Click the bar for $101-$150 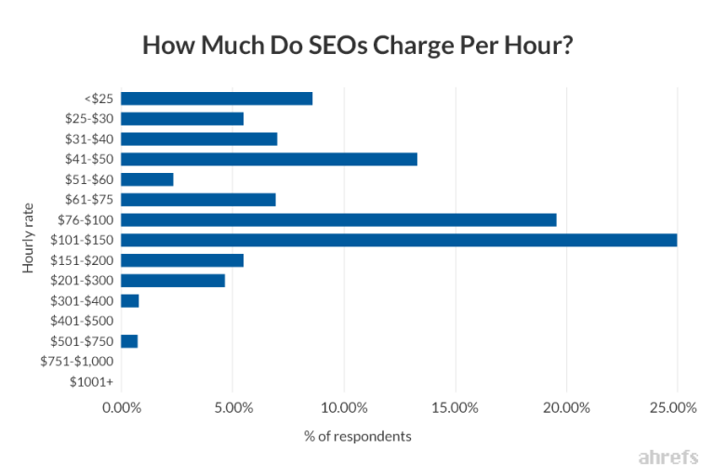pyautogui.click(x=399, y=240)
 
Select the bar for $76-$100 pyautogui.click(x=338, y=219)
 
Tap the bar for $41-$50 pyautogui.click(x=269, y=159)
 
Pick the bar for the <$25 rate pyautogui.click(x=217, y=99)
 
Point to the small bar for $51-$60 pyautogui.click(x=147, y=179)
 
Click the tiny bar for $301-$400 pyautogui.click(x=130, y=300)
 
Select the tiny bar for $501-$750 pyautogui.click(x=129, y=341)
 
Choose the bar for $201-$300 pyautogui.click(x=173, y=280)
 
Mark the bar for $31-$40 pyautogui.click(x=199, y=139)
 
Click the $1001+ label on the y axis pyautogui.click(x=92, y=381)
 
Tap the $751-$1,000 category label pyautogui.click(x=77, y=361)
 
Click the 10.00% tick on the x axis pyautogui.click(x=343, y=407)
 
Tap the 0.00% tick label pyautogui.click(x=122, y=407)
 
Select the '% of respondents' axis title pyautogui.click(x=357, y=435)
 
